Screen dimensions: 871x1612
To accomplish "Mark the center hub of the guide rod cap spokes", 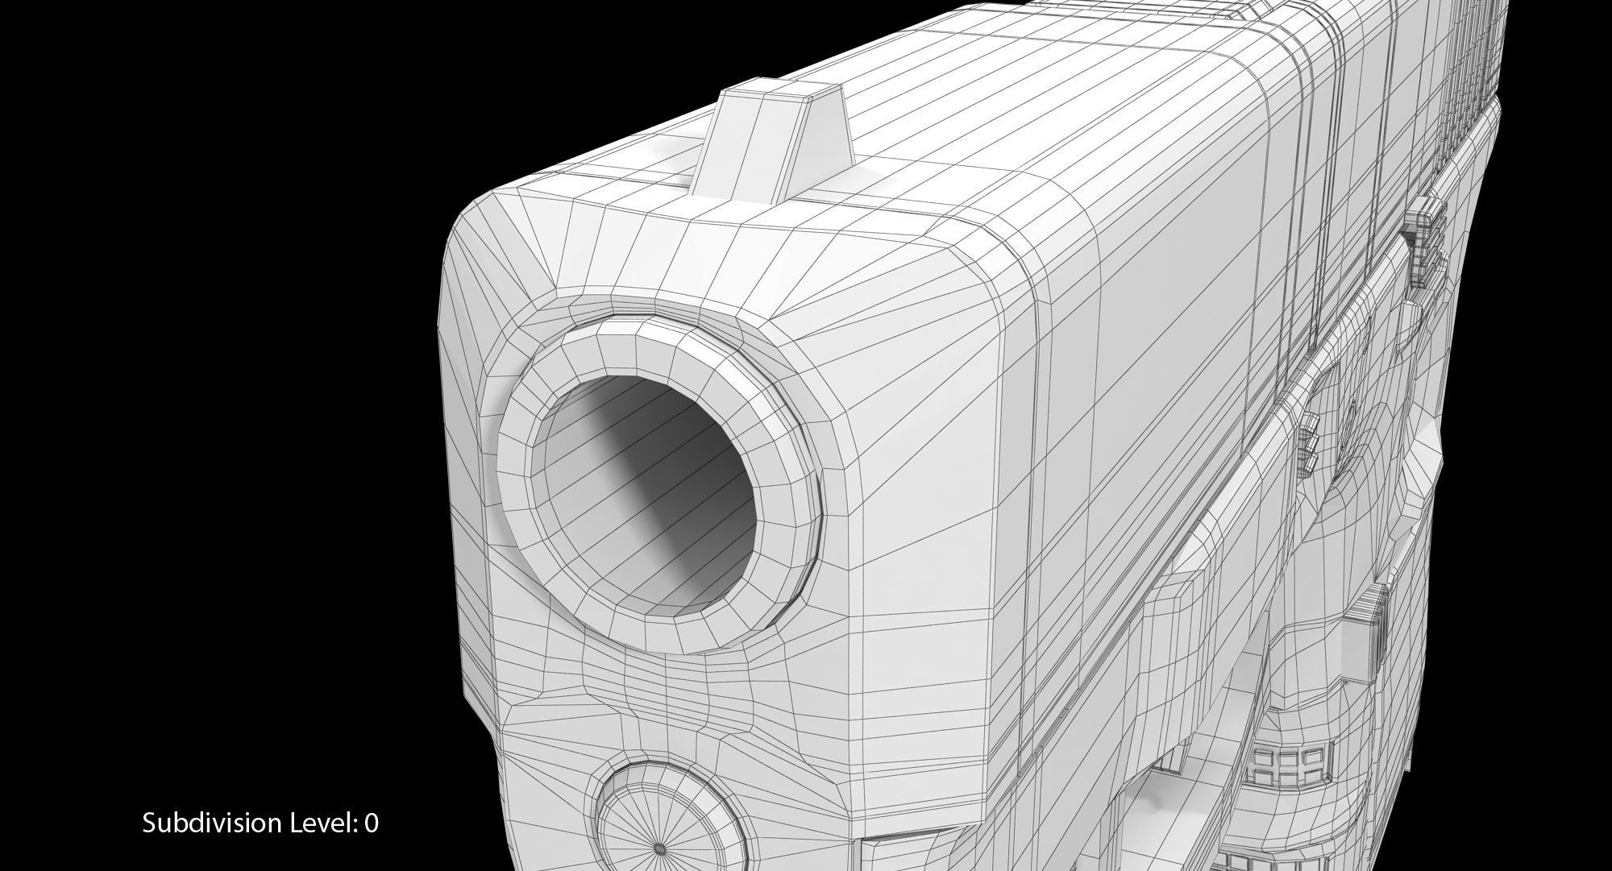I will (x=659, y=848).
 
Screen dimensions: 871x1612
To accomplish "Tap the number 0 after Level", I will (x=371, y=823).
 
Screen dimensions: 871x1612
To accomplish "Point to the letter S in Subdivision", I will (x=149, y=823).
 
